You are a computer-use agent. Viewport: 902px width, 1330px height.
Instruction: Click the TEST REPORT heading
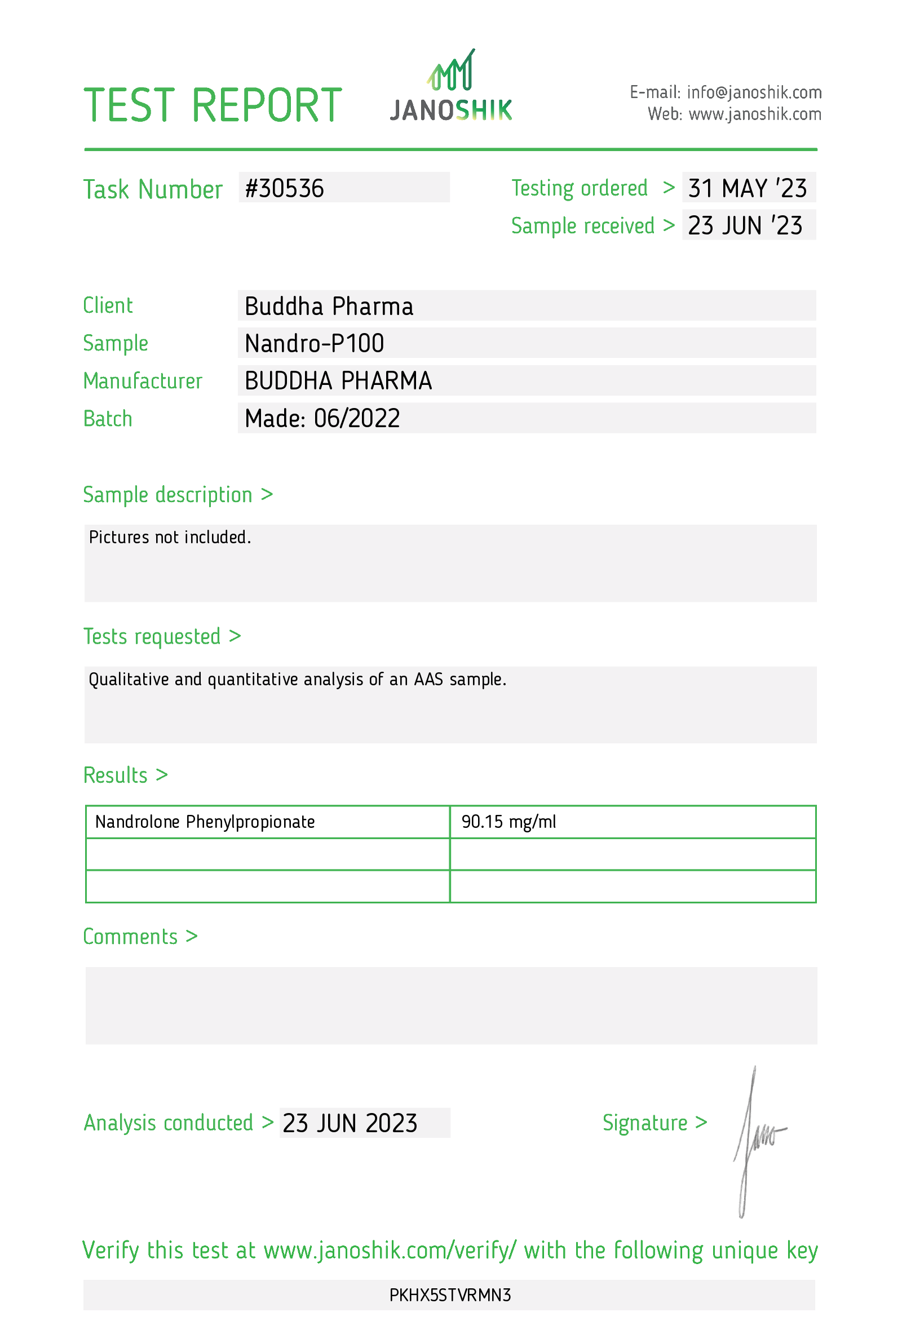click(x=213, y=105)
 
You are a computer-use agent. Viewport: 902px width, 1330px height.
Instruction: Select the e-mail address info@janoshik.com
click(x=754, y=92)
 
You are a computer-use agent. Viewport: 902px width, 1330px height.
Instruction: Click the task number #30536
click(x=285, y=188)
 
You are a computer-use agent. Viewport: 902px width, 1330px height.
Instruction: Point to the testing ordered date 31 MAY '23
click(x=747, y=188)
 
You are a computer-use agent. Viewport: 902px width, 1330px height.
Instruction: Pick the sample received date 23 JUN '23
click(x=745, y=225)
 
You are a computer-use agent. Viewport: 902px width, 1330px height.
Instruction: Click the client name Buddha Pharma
click(x=329, y=306)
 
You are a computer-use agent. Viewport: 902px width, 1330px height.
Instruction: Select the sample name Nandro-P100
click(x=314, y=343)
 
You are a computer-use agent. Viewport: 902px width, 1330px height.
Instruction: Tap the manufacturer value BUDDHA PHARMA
click(x=338, y=381)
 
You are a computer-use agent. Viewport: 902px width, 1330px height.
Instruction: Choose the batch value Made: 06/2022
click(x=322, y=418)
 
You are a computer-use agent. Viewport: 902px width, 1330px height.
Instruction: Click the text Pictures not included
click(x=170, y=538)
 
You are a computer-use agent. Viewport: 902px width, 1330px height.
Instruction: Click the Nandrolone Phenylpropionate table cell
click(x=205, y=822)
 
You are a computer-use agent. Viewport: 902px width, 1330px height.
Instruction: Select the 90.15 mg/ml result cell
click(x=509, y=822)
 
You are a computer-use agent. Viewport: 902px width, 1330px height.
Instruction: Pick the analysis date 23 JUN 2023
click(x=350, y=1123)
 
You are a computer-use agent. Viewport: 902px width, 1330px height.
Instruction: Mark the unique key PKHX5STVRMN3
click(x=450, y=1295)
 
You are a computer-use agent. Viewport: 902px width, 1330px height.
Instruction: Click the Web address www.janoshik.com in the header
click(x=755, y=114)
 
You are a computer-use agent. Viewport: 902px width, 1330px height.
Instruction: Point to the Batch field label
click(x=108, y=419)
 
